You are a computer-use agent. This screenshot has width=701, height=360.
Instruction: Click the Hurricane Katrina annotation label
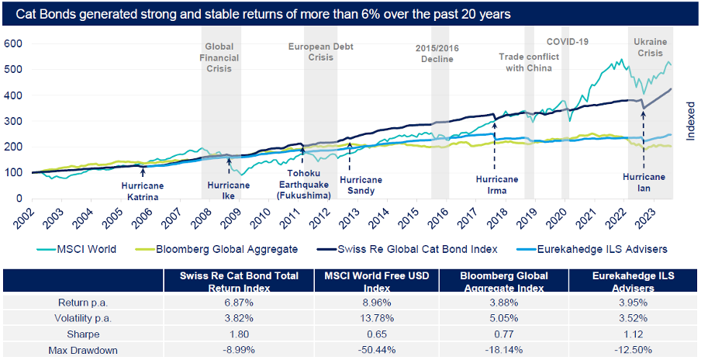point(142,191)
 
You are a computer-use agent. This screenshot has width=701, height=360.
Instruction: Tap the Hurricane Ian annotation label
point(644,182)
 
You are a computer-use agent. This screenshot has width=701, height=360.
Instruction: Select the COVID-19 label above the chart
point(568,41)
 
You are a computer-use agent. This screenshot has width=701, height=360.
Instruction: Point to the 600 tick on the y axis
point(14,43)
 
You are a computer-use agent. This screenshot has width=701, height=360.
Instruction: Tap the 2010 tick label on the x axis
point(261,216)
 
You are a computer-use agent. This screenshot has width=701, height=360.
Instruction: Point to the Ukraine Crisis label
point(650,47)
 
